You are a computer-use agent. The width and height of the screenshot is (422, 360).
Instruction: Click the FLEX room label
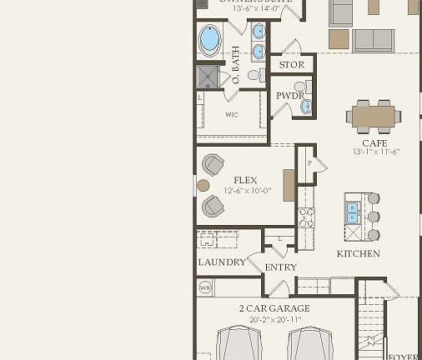coord(245,180)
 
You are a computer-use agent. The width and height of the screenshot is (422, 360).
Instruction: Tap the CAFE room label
coord(374,143)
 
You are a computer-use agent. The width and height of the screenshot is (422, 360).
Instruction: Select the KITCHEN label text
coord(359,253)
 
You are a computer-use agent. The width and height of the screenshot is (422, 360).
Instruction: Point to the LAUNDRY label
coord(222,262)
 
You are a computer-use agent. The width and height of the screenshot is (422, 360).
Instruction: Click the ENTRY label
coord(280,267)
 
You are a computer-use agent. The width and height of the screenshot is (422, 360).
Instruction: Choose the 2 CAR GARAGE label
coord(274,308)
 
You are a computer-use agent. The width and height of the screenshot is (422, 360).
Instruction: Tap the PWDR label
coord(289,96)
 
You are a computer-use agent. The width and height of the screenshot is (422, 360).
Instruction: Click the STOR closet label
coord(291,64)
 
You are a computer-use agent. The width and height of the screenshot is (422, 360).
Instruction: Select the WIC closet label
coord(232,115)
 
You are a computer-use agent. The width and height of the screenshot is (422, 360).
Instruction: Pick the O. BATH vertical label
coord(235,66)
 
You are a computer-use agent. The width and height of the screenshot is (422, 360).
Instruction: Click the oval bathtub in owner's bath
coord(210,39)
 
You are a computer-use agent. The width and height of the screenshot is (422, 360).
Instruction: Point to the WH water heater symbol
coord(204,287)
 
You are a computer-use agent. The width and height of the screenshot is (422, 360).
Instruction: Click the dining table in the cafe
coord(372,115)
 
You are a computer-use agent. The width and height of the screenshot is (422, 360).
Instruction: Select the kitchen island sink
coord(353,213)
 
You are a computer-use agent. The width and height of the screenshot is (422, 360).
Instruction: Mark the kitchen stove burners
coord(306,217)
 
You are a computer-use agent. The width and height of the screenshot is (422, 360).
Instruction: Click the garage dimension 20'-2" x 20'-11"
coord(274,318)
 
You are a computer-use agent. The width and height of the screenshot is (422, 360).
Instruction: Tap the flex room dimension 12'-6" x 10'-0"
coord(245,190)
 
